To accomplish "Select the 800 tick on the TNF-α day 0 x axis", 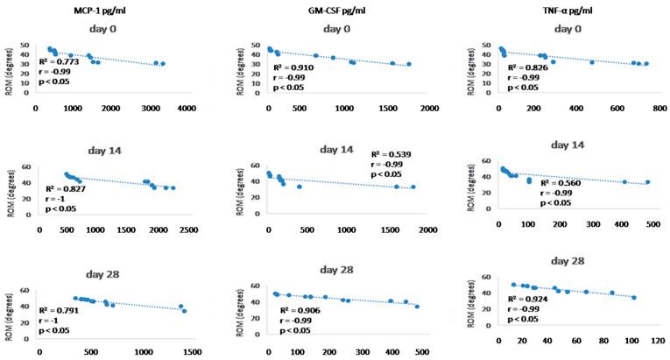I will (x=653, y=109).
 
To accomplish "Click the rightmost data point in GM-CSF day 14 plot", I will (x=413, y=187).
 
